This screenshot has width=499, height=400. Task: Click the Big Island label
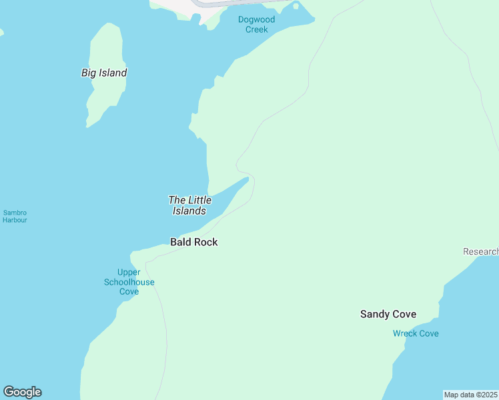click(x=104, y=73)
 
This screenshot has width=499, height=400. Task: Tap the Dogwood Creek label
click(x=256, y=25)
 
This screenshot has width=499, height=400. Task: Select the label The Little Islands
click(x=189, y=205)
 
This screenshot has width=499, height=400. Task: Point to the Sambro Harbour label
click(x=15, y=216)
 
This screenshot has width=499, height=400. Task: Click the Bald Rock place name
click(x=193, y=242)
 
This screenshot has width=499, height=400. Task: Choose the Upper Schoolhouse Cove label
click(x=129, y=282)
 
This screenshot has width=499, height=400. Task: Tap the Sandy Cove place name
click(x=388, y=314)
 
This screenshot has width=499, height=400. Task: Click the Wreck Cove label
click(x=416, y=333)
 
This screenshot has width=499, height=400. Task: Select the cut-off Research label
click(x=480, y=251)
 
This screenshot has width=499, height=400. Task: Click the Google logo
click(x=22, y=392)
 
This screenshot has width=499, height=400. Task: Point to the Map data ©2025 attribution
click(x=470, y=395)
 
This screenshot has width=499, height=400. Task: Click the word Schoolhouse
click(x=129, y=282)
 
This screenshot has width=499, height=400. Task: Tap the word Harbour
click(x=15, y=220)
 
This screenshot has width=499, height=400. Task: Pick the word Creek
click(x=256, y=29)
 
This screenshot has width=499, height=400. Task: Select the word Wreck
click(x=405, y=333)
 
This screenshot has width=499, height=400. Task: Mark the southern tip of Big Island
click(x=87, y=125)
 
